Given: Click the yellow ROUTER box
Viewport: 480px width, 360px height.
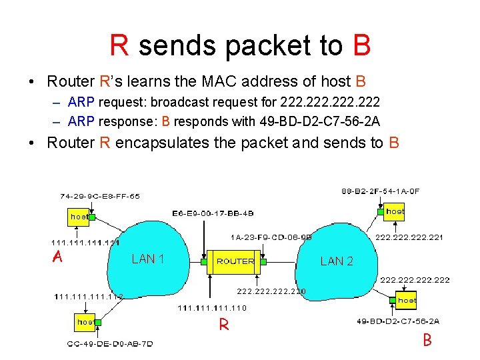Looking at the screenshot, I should [x=235, y=261].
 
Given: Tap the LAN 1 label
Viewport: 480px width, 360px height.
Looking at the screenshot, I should [x=148, y=259].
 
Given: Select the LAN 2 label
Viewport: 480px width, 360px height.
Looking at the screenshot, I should [x=337, y=261].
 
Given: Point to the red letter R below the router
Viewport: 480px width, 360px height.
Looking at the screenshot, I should [x=225, y=325].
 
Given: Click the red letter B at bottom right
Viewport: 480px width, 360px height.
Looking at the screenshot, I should [x=427, y=341].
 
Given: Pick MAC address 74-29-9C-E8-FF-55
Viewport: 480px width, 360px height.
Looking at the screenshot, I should [x=100, y=197].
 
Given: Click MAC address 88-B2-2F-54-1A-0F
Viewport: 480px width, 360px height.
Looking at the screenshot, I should [x=380, y=191].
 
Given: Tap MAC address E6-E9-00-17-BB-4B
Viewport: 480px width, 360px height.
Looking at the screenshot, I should [x=213, y=213].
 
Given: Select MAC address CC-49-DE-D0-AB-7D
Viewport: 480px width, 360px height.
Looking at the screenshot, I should [x=110, y=344].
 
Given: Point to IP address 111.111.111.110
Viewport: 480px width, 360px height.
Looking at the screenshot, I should [x=211, y=308].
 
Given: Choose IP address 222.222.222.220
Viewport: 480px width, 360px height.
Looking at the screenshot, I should [x=272, y=291].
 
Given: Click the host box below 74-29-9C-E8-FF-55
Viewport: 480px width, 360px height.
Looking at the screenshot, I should [x=79, y=217].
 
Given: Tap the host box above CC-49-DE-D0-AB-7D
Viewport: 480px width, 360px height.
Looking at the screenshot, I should [x=85, y=322].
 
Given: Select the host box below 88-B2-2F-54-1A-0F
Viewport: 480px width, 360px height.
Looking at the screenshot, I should [x=395, y=211].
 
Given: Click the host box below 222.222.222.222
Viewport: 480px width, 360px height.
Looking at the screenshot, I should [x=406, y=301].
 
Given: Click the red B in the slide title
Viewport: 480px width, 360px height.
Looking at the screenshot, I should [x=362, y=45].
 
